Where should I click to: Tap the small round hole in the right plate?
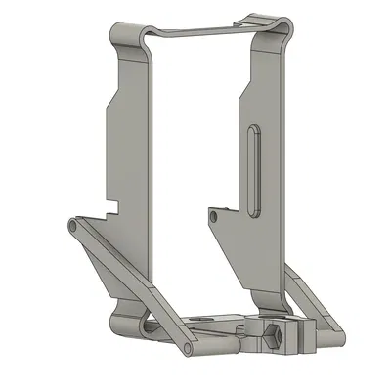tap(215, 213)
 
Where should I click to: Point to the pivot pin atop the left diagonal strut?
tap(73, 226)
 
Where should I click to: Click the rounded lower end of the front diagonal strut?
tap(189, 346)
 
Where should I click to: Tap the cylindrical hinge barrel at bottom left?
tap(124, 325)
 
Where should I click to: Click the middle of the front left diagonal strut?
tap(129, 283)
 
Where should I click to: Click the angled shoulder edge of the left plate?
tap(114, 93)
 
